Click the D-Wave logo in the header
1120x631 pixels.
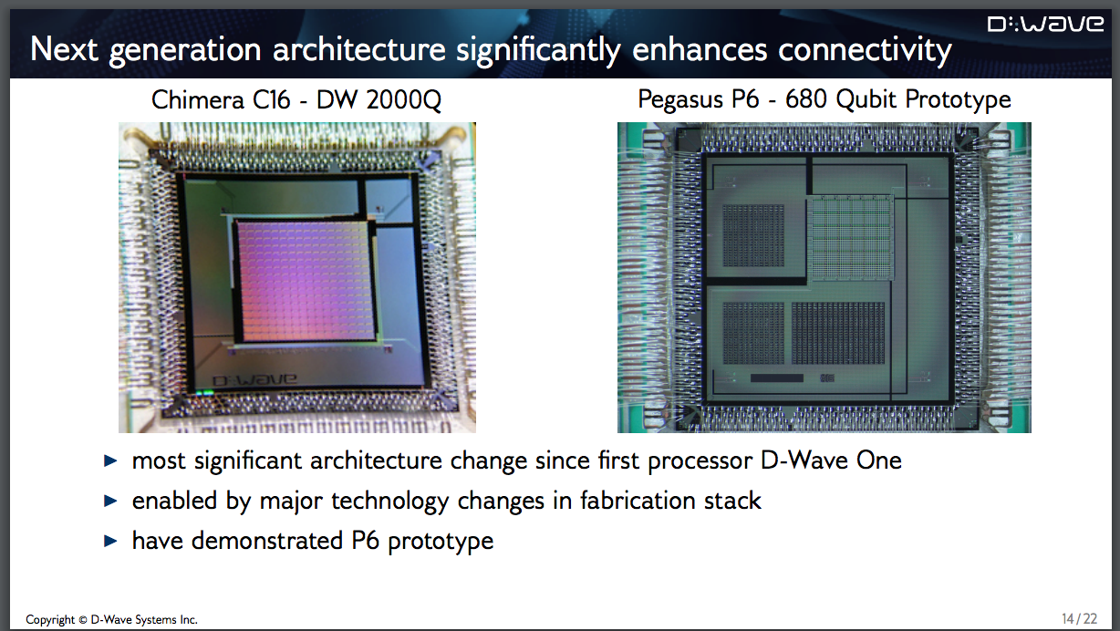[x=1045, y=24]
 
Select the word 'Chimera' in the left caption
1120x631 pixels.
[x=198, y=99]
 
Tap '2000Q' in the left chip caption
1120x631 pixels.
[x=403, y=100]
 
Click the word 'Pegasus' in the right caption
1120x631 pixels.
[x=680, y=100]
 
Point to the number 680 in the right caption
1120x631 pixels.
[x=805, y=99]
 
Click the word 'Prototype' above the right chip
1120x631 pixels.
[x=958, y=100]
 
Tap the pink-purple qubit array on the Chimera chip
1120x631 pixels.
[x=305, y=281]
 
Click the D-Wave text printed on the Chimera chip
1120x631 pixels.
[x=254, y=380]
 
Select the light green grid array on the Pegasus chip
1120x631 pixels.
[x=852, y=237]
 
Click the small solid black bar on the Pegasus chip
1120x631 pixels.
[x=776, y=378]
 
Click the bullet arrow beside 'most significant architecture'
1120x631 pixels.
[x=110, y=460]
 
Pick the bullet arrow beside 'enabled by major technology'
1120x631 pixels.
[x=110, y=501]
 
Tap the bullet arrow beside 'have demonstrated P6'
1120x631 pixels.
[x=110, y=541]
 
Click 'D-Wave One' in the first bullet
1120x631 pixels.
[x=831, y=460]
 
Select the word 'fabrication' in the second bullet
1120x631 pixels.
[x=638, y=501]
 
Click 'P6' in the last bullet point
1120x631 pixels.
[x=365, y=541]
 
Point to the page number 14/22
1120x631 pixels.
[x=1080, y=619]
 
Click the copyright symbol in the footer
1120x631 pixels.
[x=83, y=620]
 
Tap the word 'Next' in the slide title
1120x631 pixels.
[x=64, y=50]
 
